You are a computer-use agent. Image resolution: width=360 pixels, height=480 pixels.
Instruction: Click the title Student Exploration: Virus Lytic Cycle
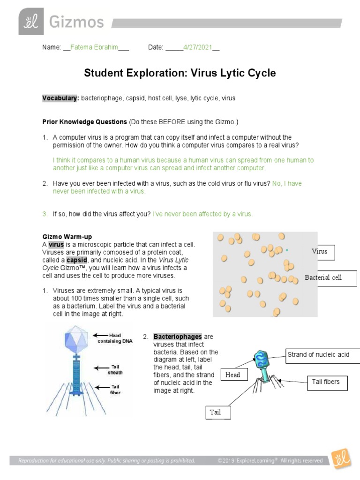pyautogui.click(x=180, y=73)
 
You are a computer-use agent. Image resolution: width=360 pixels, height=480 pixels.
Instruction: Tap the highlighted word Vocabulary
pyautogui.click(x=60, y=98)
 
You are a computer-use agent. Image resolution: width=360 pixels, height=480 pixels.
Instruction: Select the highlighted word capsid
pyautogui.click(x=76, y=260)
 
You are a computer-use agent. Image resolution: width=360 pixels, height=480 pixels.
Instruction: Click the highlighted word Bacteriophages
pyautogui.click(x=177, y=337)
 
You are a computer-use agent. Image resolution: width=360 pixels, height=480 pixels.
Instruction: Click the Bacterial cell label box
pyautogui.click(x=323, y=277)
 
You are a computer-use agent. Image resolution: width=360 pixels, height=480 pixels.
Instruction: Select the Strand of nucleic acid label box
pyautogui.click(x=322, y=355)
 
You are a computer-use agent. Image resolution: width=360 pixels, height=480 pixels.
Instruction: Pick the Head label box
pyautogui.click(x=232, y=375)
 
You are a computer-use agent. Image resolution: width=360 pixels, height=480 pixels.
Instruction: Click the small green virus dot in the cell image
pyautogui.click(x=287, y=250)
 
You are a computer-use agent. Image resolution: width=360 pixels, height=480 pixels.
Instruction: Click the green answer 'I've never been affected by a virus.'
pyautogui.click(x=202, y=214)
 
